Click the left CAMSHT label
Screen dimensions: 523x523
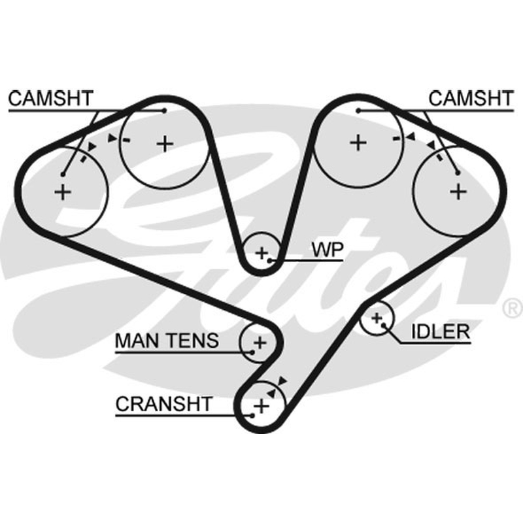point(50,99)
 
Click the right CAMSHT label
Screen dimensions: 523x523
point(471,99)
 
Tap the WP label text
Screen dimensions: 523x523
point(328,249)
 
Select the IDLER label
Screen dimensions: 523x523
point(441,331)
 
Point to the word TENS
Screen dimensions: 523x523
point(194,341)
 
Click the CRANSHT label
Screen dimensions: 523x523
point(164,404)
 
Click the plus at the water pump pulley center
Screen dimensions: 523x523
point(262,253)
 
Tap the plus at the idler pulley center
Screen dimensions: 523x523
point(377,318)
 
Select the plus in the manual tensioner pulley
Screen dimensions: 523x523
point(260,343)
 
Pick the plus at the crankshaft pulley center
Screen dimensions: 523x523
point(261,406)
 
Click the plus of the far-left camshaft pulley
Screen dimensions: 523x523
point(63,192)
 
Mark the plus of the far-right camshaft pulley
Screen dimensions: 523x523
point(458,192)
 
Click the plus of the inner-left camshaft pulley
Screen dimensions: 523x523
point(165,144)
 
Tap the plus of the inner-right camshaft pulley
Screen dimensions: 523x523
point(358,143)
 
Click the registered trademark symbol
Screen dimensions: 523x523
point(513,308)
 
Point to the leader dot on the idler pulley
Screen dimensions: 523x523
point(384,325)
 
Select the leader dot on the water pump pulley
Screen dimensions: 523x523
point(270,260)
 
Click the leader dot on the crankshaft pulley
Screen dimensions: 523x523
point(252,416)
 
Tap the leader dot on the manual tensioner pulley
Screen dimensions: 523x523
point(252,352)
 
